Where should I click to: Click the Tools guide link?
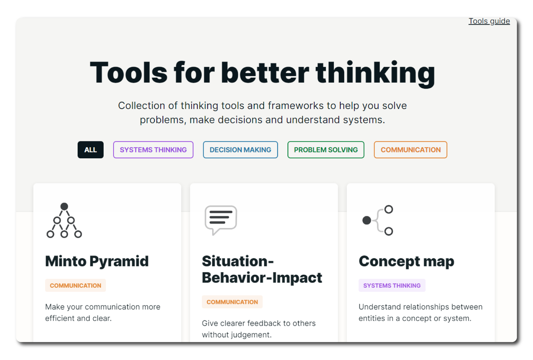coord(489,21)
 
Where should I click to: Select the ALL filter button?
coord(90,150)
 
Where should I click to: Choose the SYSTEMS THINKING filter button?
coord(153,150)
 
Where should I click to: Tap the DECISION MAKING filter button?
coord(240,150)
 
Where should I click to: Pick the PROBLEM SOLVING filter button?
coord(326,150)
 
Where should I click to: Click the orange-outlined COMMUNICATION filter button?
coord(410,150)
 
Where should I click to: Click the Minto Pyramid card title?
coord(97,262)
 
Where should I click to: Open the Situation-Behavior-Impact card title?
coord(262,270)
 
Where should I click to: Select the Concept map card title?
coord(406,262)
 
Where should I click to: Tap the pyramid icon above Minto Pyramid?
coord(64,220)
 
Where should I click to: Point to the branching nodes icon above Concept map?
coord(378,220)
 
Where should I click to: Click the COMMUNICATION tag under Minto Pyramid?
coord(75,285)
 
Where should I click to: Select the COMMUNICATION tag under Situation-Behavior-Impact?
coord(232,302)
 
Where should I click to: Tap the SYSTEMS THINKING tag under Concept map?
coord(392,285)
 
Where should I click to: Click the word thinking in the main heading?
coord(375,73)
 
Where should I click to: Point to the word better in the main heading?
coord(265,72)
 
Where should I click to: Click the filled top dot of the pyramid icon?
coord(64,206)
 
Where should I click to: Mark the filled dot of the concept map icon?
coord(367,220)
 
